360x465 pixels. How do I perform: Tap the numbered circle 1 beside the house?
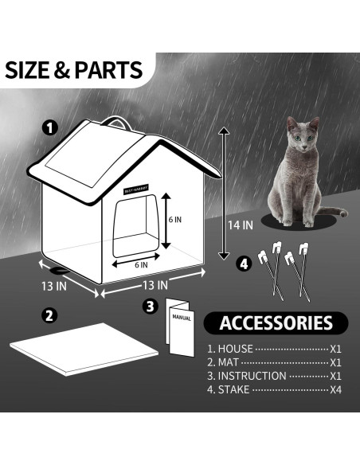(x=50, y=127)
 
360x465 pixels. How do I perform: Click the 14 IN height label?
(x=240, y=225)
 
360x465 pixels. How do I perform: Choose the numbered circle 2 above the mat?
(x=49, y=315)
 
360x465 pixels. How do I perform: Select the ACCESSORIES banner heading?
(x=276, y=322)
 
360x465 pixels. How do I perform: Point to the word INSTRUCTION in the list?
(x=253, y=376)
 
